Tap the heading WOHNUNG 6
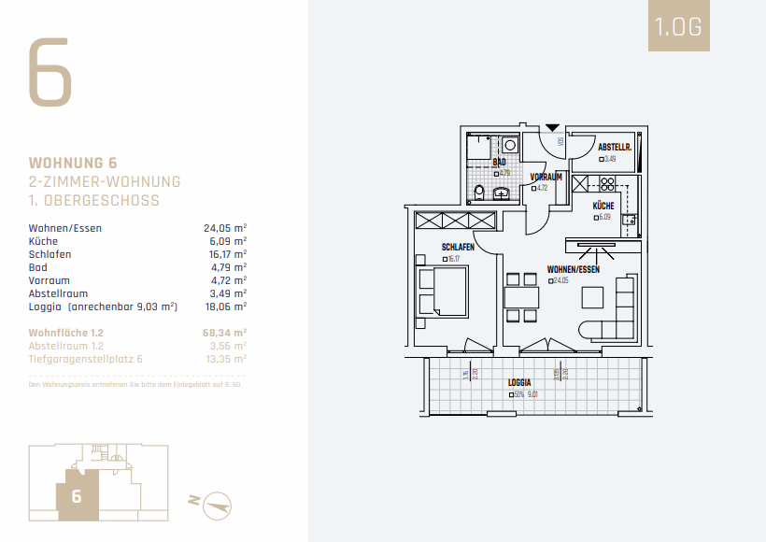73,163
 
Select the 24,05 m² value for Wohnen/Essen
225,228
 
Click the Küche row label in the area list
43,241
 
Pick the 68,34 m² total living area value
225,332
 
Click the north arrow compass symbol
217,502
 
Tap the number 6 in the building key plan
77,497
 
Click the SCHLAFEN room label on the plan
458,248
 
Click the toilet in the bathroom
479,193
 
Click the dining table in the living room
521,298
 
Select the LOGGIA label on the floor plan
519,383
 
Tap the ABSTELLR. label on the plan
616,148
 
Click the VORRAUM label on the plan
546,177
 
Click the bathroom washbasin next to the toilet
503,193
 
